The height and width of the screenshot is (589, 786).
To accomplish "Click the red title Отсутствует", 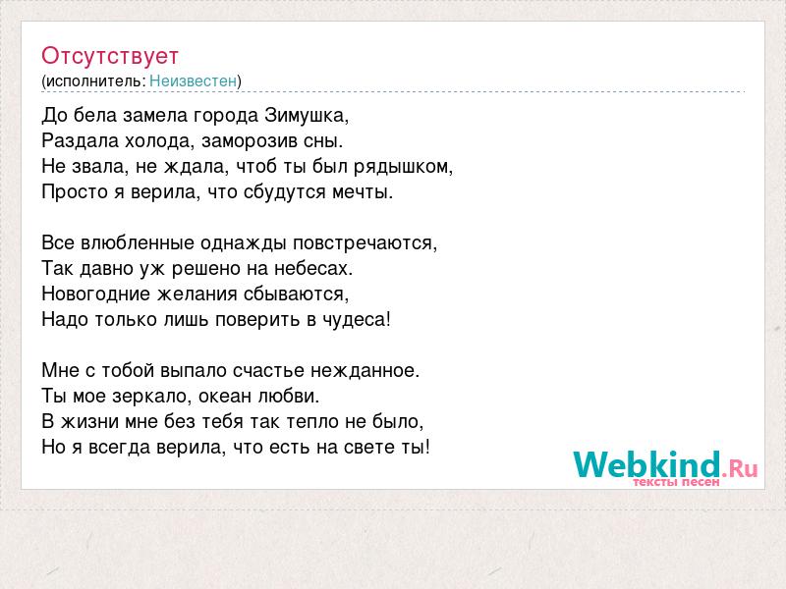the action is pyautogui.click(x=110, y=56).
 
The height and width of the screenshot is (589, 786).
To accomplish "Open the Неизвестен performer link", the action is pyautogui.click(x=193, y=80).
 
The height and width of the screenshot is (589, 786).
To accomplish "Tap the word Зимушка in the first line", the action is pyautogui.click(x=305, y=116).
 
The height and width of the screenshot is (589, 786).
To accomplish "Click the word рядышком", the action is pyautogui.click(x=401, y=167).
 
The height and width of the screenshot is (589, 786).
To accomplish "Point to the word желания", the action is pyautogui.click(x=197, y=294).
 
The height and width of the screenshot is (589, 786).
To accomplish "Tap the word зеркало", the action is pyautogui.click(x=150, y=397).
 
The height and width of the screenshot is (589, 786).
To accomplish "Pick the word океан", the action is pyautogui.click(x=225, y=397).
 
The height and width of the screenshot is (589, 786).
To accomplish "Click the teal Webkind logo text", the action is pyautogui.click(x=646, y=463).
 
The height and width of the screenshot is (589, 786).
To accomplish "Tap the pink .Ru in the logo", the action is pyautogui.click(x=740, y=468).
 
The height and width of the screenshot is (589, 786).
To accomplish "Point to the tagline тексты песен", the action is pyautogui.click(x=676, y=482).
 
